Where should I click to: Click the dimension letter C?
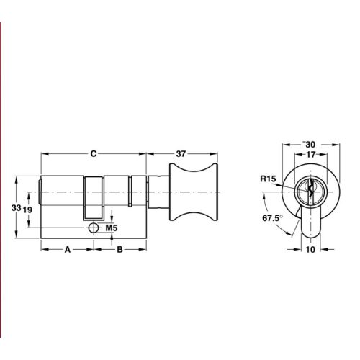pos(94,153)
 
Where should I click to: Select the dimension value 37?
pos(181,153)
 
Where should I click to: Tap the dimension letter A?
pos(68,250)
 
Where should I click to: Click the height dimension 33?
pos(16,208)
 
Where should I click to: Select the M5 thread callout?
pos(112,228)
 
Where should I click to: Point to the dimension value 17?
pos(310,153)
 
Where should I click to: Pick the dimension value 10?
pos(311,250)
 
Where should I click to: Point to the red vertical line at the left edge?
pos(1,180)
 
